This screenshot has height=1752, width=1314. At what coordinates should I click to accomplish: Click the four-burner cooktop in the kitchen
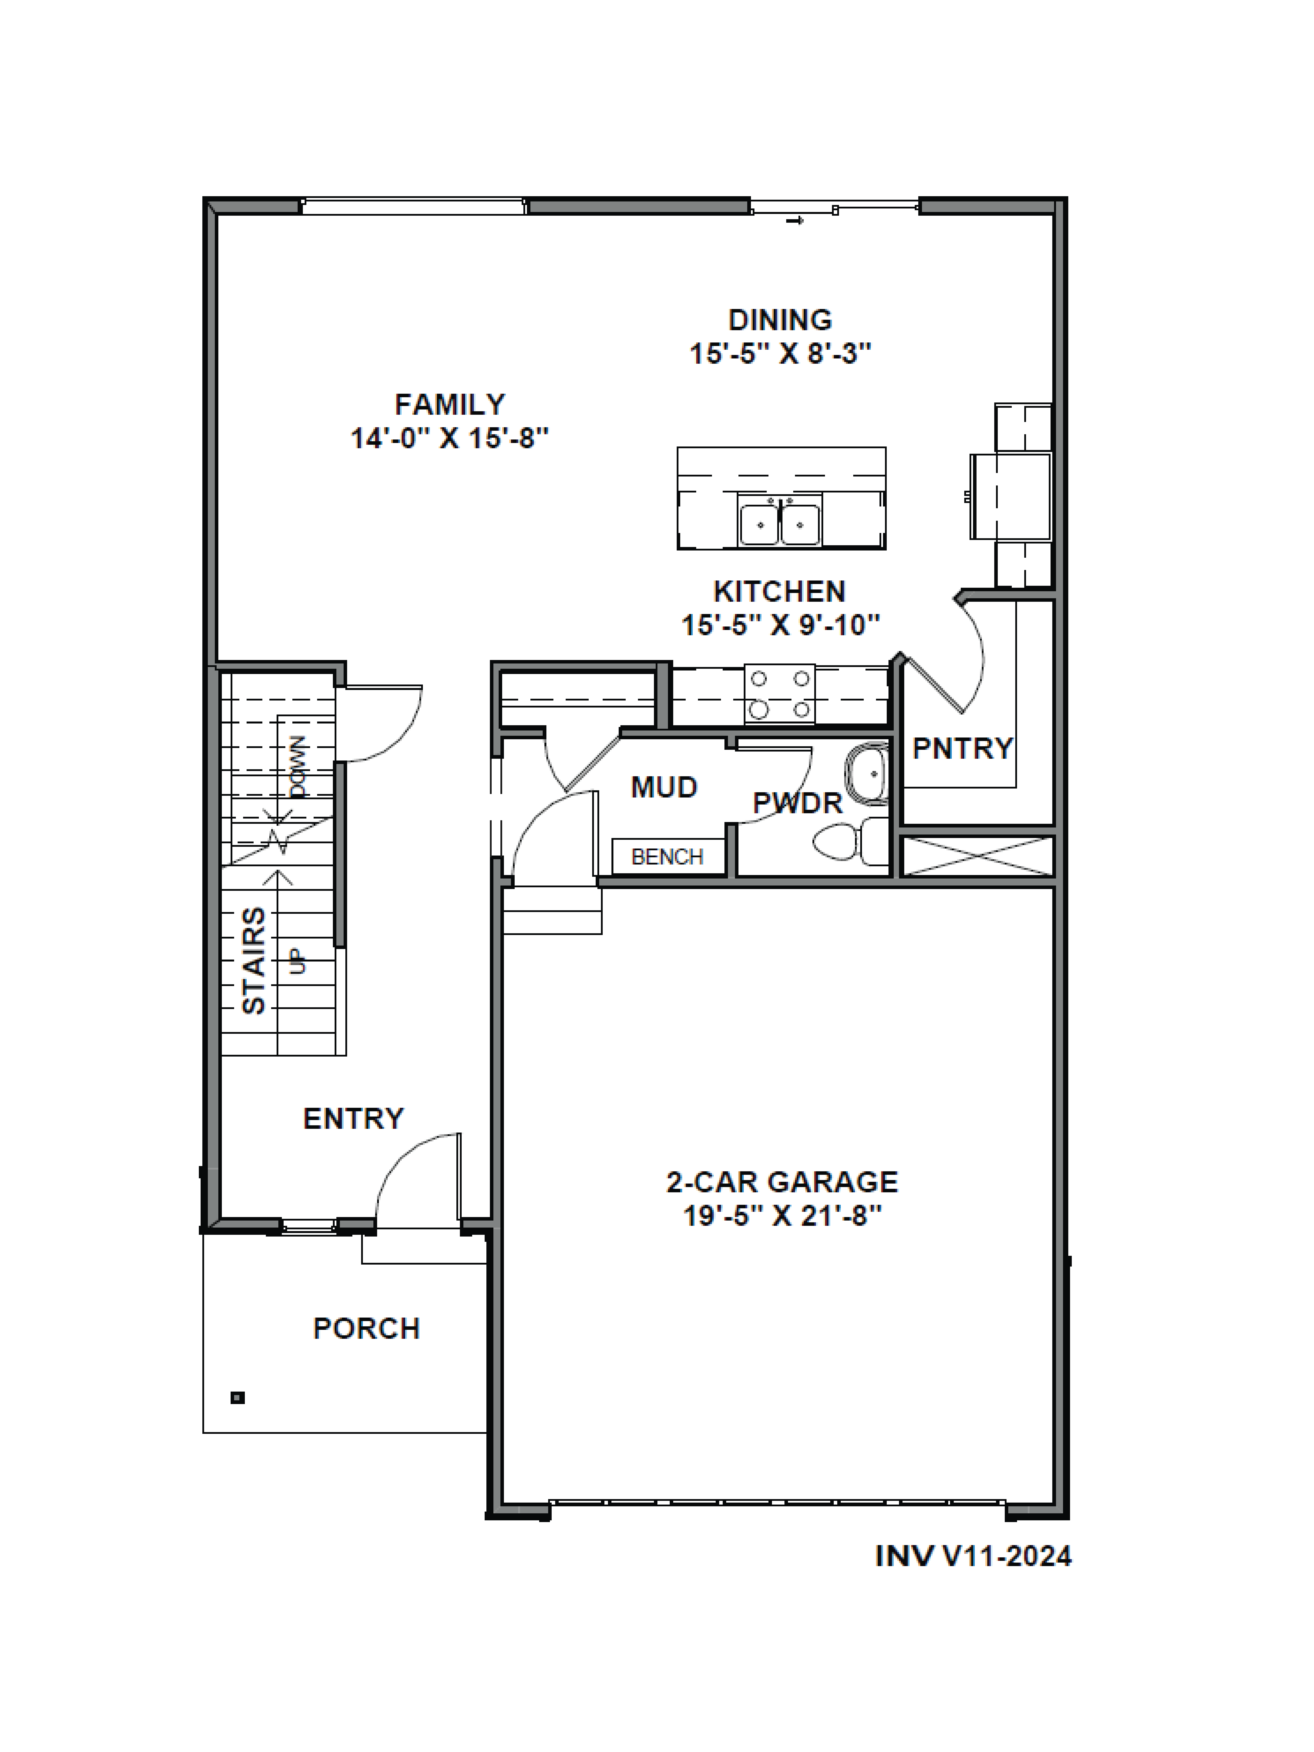pos(779,695)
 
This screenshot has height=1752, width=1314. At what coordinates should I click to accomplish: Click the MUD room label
pos(664,787)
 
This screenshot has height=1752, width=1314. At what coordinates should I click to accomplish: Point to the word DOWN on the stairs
pos(298,767)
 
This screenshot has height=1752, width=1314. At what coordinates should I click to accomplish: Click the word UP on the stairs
pos(298,962)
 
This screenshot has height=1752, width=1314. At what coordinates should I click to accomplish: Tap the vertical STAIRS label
pos(253,960)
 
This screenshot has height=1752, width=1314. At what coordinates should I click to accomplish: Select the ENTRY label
pos(353,1118)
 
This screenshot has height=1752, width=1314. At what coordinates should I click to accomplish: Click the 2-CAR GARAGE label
pos(782,1182)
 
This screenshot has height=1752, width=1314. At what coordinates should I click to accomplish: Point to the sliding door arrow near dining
pos(795,220)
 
